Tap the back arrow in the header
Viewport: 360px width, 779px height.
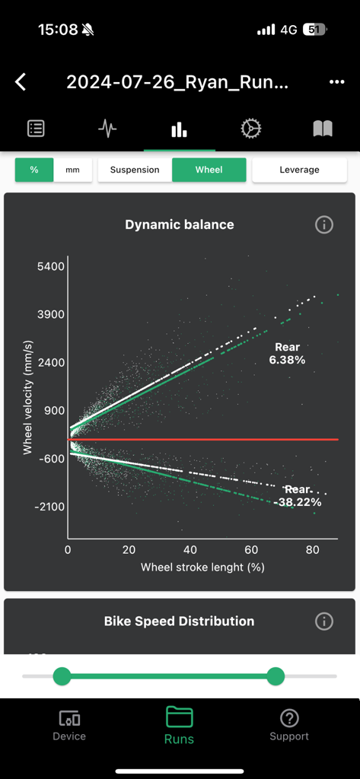[21, 82]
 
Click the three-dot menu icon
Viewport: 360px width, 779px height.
[336, 82]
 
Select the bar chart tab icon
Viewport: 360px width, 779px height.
[180, 129]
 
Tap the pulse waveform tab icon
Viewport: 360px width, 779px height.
[107, 129]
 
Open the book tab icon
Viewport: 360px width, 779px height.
[323, 129]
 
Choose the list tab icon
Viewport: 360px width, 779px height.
[36, 129]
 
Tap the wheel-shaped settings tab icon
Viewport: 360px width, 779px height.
[251, 129]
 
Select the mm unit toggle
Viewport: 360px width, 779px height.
[72, 170]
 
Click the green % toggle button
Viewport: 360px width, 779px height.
[34, 170]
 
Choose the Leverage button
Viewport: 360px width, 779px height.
[299, 170]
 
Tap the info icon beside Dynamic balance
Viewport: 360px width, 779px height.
[324, 224]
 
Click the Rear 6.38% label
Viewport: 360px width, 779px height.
[287, 354]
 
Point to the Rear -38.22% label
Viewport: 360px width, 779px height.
[298, 496]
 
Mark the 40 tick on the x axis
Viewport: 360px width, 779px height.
[190, 550]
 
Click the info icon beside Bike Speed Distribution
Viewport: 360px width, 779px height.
[324, 622]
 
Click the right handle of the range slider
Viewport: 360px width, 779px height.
[276, 676]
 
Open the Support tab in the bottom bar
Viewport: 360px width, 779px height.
[289, 725]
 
